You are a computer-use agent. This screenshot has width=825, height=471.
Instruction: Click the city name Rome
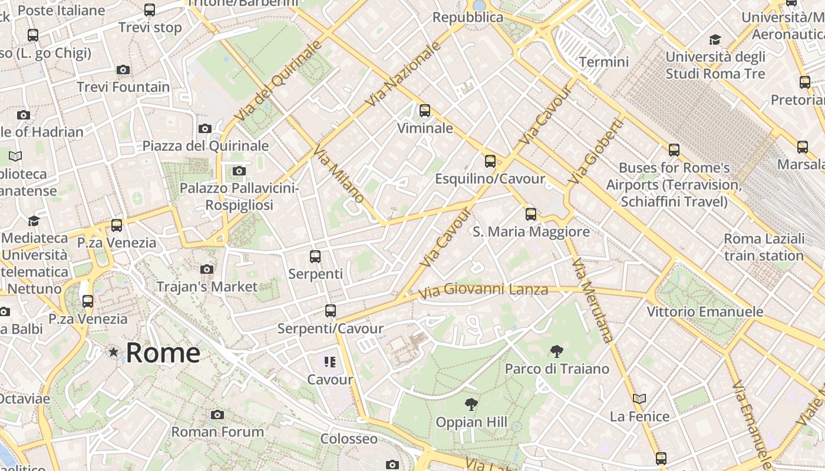(x=163, y=353)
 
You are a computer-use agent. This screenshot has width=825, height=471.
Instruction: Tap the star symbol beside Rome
(x=113, y=352)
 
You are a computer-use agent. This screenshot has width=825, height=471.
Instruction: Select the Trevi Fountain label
(x=123, y=87)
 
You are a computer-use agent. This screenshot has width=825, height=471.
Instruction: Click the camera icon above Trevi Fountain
(x=123, y=69)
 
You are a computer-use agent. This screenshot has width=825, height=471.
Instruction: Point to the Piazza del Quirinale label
(x=206, y=146)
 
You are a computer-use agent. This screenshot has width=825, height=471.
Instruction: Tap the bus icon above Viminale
(x=424, y=110)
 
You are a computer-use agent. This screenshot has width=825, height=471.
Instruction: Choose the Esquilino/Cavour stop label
(x=490, y=178)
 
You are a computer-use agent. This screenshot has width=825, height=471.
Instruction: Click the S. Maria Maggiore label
(x=531, y=231)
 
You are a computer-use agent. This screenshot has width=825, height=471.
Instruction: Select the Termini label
(x=604, y=62)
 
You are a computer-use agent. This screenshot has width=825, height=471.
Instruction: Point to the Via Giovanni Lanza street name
(x=483, y=290)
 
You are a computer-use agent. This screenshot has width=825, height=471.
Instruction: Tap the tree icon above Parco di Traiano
(x=556, y=351)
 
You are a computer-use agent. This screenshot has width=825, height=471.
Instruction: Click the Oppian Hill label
(x=471, y=422)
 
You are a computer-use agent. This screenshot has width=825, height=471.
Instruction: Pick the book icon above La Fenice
(x=639, y=399)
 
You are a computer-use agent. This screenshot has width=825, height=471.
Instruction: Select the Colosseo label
(x=349, y=439)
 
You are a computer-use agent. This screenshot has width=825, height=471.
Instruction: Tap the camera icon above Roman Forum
(x=217, y=414)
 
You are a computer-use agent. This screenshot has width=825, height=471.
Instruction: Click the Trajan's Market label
(x=207, y=287)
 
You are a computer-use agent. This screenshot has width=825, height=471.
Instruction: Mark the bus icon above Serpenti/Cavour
(x=331, y=310)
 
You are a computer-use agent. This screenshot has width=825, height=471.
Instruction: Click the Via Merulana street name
(x=592, y=300)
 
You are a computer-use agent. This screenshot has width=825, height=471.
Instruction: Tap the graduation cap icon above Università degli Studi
(x=715, y=39)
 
